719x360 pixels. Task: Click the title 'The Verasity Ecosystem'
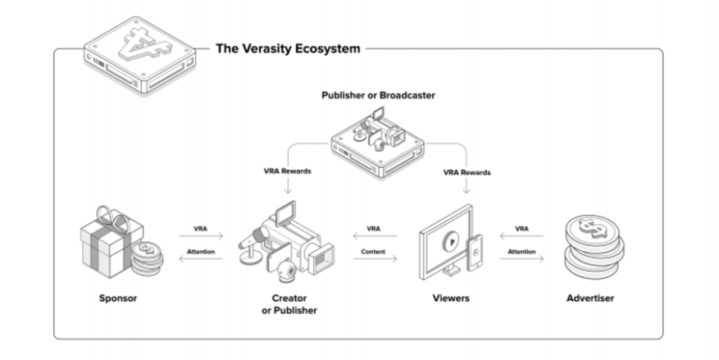pos(288,48)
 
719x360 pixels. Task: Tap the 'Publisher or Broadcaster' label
pos(378,95)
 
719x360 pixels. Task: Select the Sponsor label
pos(118,298)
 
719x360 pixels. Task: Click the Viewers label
pos(451,298)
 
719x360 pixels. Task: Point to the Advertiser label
pos(590,298)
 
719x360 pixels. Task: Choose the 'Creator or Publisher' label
pos(289,304)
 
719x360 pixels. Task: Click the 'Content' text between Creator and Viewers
pos(373,252)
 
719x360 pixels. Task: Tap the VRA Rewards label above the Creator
pos(288,171)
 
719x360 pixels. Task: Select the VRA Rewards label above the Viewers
pos(466,172)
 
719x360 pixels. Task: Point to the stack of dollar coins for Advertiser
pos(594,247)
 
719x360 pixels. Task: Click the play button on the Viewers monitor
pos(451,239)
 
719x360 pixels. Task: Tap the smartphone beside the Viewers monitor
pos(475,253)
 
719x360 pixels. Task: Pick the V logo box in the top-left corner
pos(140,55)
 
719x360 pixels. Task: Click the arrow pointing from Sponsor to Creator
pos(201,236)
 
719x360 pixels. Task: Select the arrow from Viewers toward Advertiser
pos(521,259)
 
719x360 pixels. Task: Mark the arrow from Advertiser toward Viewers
pos(521,236)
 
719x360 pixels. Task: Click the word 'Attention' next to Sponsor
pos(201,252)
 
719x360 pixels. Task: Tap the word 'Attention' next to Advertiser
pos(521,252)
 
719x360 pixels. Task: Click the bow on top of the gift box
pos(111,215)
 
